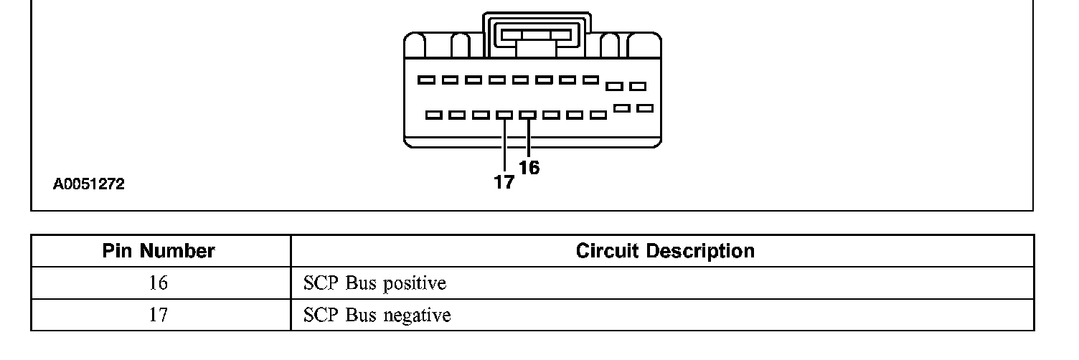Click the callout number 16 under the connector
pos(529,168)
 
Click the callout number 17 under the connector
pos(504,183)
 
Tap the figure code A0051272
pos(89,184)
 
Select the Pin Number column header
pos(159,251)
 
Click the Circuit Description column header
pos(665,251)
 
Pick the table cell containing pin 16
pos(159,283)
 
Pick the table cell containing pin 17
pos(159,315)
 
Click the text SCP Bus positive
pos(374,283)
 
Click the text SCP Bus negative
pos(377,315)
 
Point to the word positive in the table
pos(414,283)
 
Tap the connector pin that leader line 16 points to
pos(528,114)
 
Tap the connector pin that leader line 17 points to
pos(504,114)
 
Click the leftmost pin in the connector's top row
pos(426,80)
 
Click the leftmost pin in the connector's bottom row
pos(433,115)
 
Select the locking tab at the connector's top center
pos(537,34)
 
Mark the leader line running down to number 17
pos(504,147)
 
